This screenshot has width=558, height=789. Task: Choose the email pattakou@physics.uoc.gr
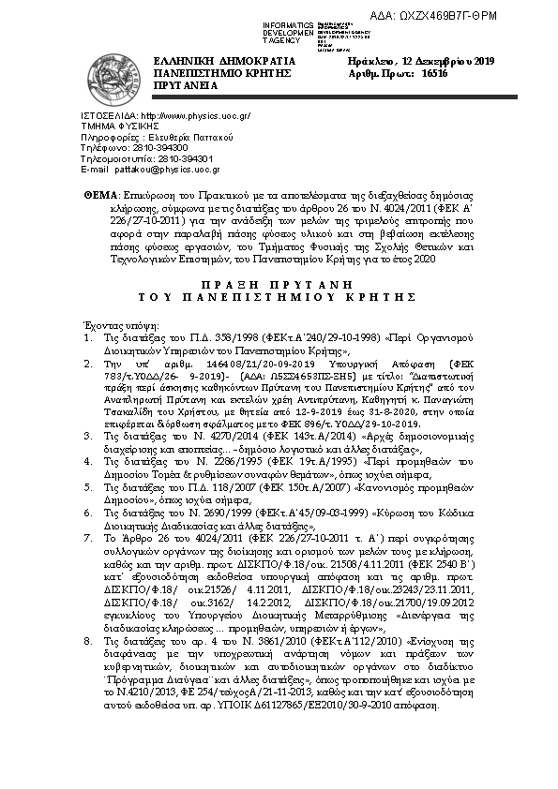click(x=166, y=170)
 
